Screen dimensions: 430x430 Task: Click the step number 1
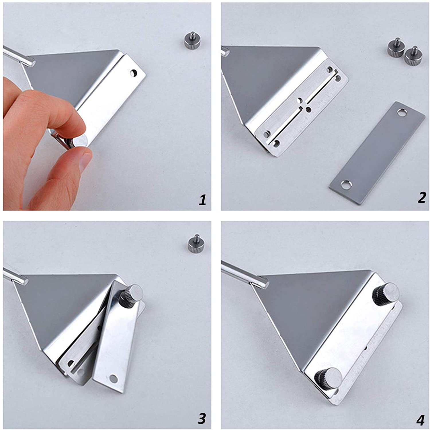[203, 200]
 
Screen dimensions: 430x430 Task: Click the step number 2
[422, 198]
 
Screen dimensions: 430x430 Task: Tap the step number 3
[202, 419]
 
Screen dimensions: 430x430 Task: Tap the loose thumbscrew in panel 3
[194, 242]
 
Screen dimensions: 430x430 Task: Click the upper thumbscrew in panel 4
[386, 292]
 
